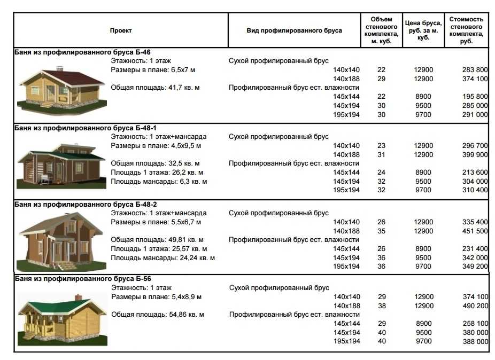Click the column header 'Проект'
[x=121, y=31]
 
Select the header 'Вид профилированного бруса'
[x=294, y=31]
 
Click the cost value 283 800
[x=475, y=70]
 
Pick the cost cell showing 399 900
[x=475, y=155]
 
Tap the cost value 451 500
[x=475, y=231]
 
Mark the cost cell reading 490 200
[x=475, y=306]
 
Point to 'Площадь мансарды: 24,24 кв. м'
[x=163, y=258]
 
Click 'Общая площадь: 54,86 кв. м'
[x=157, y=315]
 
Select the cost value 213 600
[x=475, y=173]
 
